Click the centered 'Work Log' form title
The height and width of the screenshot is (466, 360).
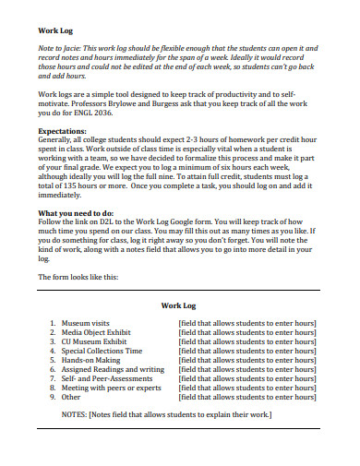180,303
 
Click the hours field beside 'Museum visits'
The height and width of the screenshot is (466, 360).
247,323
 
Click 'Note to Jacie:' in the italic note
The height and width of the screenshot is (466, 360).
61,47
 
